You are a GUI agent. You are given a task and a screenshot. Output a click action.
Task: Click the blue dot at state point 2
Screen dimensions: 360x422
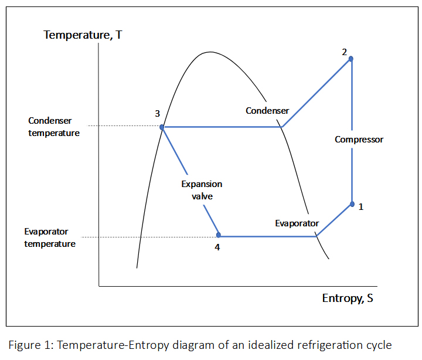[x=351, y=59]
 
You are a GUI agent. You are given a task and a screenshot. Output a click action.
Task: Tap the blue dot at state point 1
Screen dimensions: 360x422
[x=352, y=204]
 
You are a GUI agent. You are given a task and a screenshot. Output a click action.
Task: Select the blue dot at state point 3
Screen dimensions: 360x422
[x=162, y=127]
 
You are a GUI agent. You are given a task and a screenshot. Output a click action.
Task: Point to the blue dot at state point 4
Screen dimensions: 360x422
[x=219, y=235]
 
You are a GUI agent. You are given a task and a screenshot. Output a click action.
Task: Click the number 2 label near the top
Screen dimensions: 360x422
[x=345, y=51]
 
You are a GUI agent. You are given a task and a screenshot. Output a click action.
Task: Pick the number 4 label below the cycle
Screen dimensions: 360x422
[x=217, y=247]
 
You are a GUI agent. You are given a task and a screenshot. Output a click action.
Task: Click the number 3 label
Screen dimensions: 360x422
[x=157, y=113]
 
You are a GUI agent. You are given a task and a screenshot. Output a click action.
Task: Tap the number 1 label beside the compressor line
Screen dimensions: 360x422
[x=361, y=206]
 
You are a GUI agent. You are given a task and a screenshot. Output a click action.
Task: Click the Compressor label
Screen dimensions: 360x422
[x=359, y=140]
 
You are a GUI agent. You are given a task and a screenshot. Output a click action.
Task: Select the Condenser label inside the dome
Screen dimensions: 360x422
[x=267, y=111]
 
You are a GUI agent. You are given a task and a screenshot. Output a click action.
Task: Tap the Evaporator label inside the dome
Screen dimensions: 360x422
[x=297, y=223]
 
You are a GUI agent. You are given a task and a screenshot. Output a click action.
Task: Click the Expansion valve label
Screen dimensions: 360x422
[x=202, y=190]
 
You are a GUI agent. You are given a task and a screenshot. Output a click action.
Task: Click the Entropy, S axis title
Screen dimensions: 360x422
[x=348, y=298]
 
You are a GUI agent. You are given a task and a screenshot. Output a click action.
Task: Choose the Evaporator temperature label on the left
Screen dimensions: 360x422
[x=50, y=237]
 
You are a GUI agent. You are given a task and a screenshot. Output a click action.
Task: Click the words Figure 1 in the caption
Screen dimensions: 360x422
[x=27, y=344]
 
